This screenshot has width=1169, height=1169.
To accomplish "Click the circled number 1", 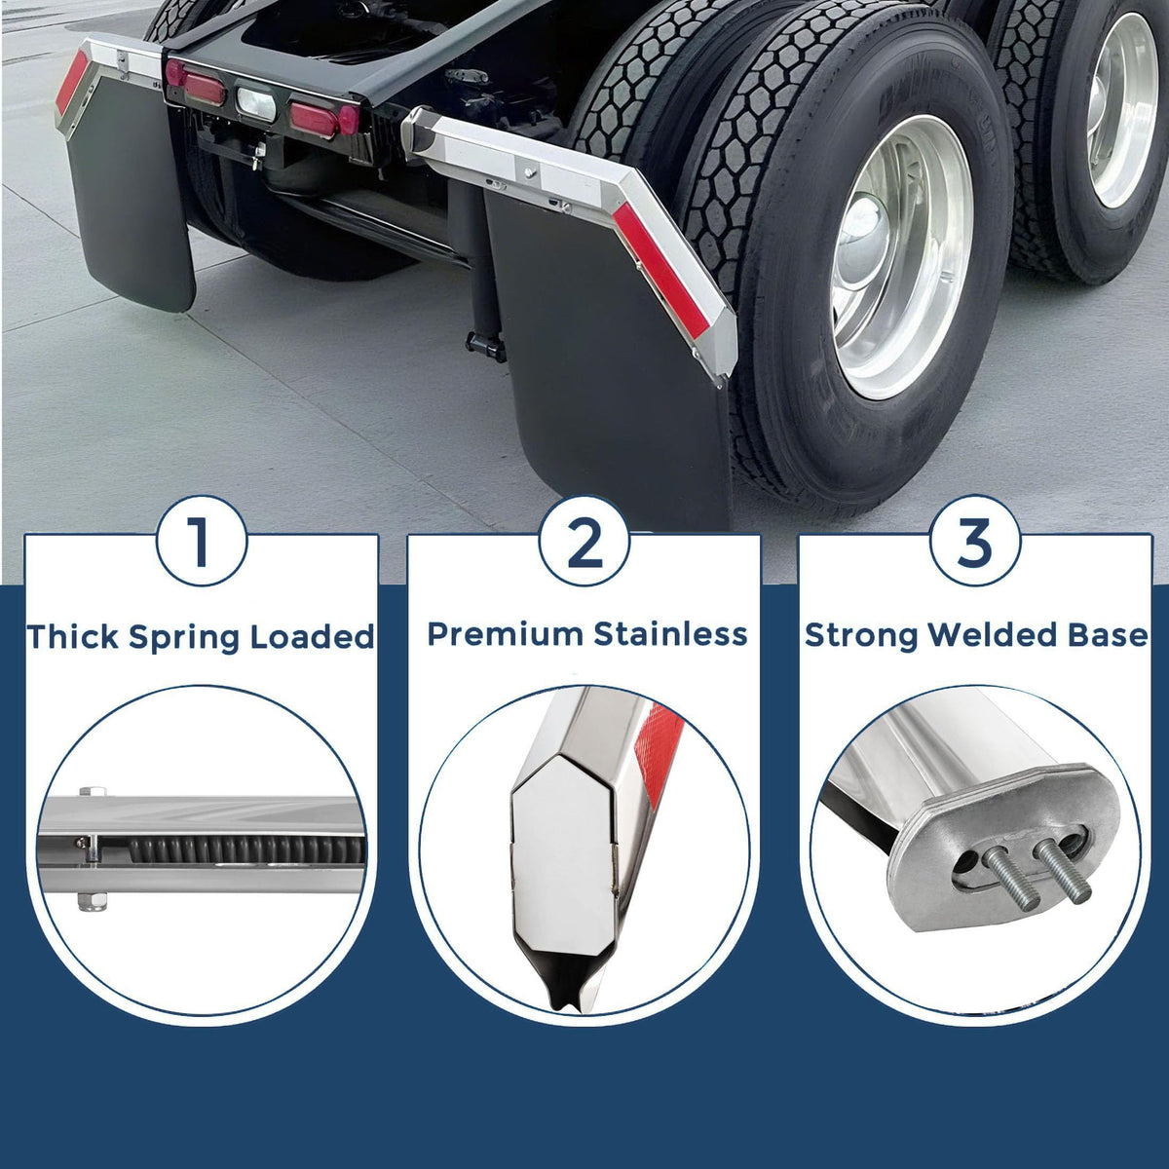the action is (x=202, y=541).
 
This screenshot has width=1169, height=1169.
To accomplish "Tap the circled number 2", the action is (x=584, y=541).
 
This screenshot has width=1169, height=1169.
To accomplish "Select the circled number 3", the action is (x=975, y=541).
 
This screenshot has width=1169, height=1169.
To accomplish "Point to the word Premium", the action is (x=506, y=634).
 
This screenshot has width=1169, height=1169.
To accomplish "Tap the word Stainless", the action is (x=670, y=634).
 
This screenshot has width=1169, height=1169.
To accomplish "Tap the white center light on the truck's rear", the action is (x=255, y=103).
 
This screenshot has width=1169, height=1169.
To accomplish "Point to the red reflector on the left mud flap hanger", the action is (x=71, y=83).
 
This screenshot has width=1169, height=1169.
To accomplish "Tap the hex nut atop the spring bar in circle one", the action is (x=93, y=791).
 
